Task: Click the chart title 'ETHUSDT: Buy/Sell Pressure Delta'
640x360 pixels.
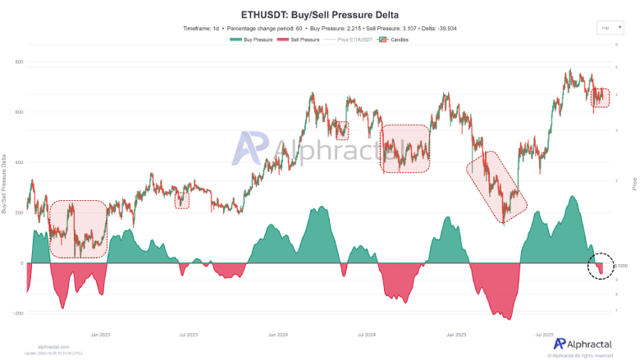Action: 320,15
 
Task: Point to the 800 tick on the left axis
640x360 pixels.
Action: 19,62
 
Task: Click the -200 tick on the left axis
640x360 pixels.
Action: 17,313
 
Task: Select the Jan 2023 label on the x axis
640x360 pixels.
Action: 100,335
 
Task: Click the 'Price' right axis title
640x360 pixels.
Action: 634,185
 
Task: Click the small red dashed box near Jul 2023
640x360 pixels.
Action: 182,199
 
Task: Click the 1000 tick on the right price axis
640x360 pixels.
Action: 622,266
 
